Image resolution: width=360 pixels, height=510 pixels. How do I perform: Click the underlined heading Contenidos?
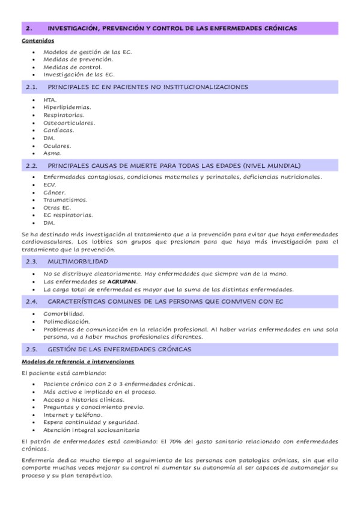[38, 41]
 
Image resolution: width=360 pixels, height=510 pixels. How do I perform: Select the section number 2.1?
[32, 87]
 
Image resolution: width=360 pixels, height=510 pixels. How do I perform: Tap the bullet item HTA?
[50, 99]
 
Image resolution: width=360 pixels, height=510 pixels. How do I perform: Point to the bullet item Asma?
[52, 153]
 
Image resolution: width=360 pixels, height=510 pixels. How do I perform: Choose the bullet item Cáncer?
[55, 192]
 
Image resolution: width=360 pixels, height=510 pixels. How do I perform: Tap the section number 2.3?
[32, 262]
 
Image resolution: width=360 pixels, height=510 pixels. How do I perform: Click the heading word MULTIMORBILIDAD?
[78, 262]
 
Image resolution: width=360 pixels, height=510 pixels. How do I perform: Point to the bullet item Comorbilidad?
[64, 313]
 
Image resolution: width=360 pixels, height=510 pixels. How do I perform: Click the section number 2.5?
[32, 349]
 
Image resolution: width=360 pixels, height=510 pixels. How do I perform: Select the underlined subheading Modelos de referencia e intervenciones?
[78, 362]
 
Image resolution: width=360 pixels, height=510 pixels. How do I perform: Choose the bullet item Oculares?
[57, 146]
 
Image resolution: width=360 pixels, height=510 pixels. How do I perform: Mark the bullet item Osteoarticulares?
[69, 123]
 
